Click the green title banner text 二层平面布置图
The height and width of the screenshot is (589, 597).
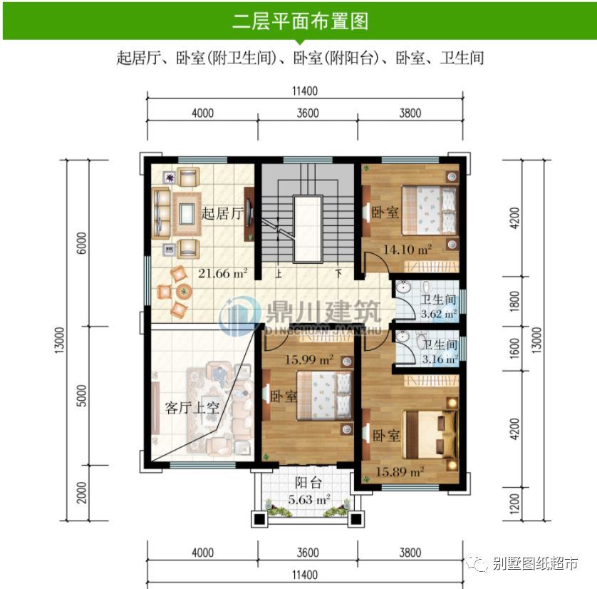click(x=299, y=21)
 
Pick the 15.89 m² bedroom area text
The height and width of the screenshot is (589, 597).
click(x=400, y=471)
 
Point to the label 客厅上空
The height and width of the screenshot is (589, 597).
click(x=191, y=408)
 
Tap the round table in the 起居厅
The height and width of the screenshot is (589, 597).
click(x=184, y=291)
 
